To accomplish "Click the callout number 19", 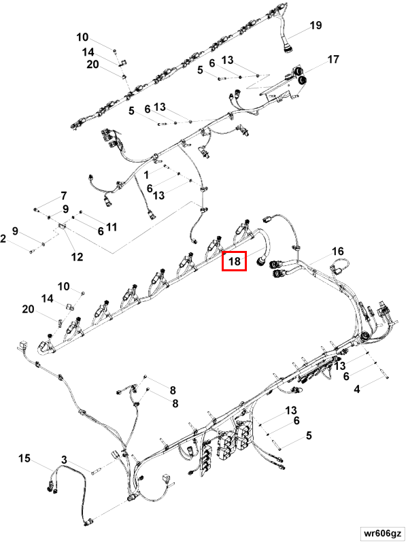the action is [316, 25].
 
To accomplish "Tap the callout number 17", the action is [333, 59].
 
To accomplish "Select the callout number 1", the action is [146, 175].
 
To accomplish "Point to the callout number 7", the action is [63, 196].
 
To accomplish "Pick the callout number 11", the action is [112, 227].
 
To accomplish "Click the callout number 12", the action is [77, 257].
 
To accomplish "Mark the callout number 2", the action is [3, 239].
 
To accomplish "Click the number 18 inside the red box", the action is [235, 261].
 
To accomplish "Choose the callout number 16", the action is [337, 251].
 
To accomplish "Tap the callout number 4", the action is [357, 389].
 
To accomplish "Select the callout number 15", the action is [24, 458].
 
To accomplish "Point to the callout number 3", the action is [64, 460].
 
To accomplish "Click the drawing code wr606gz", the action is [381, 533].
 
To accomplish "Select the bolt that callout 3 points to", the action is [96, 471].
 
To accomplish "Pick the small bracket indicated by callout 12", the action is [62, 226].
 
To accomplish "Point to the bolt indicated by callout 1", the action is [165, 167].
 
